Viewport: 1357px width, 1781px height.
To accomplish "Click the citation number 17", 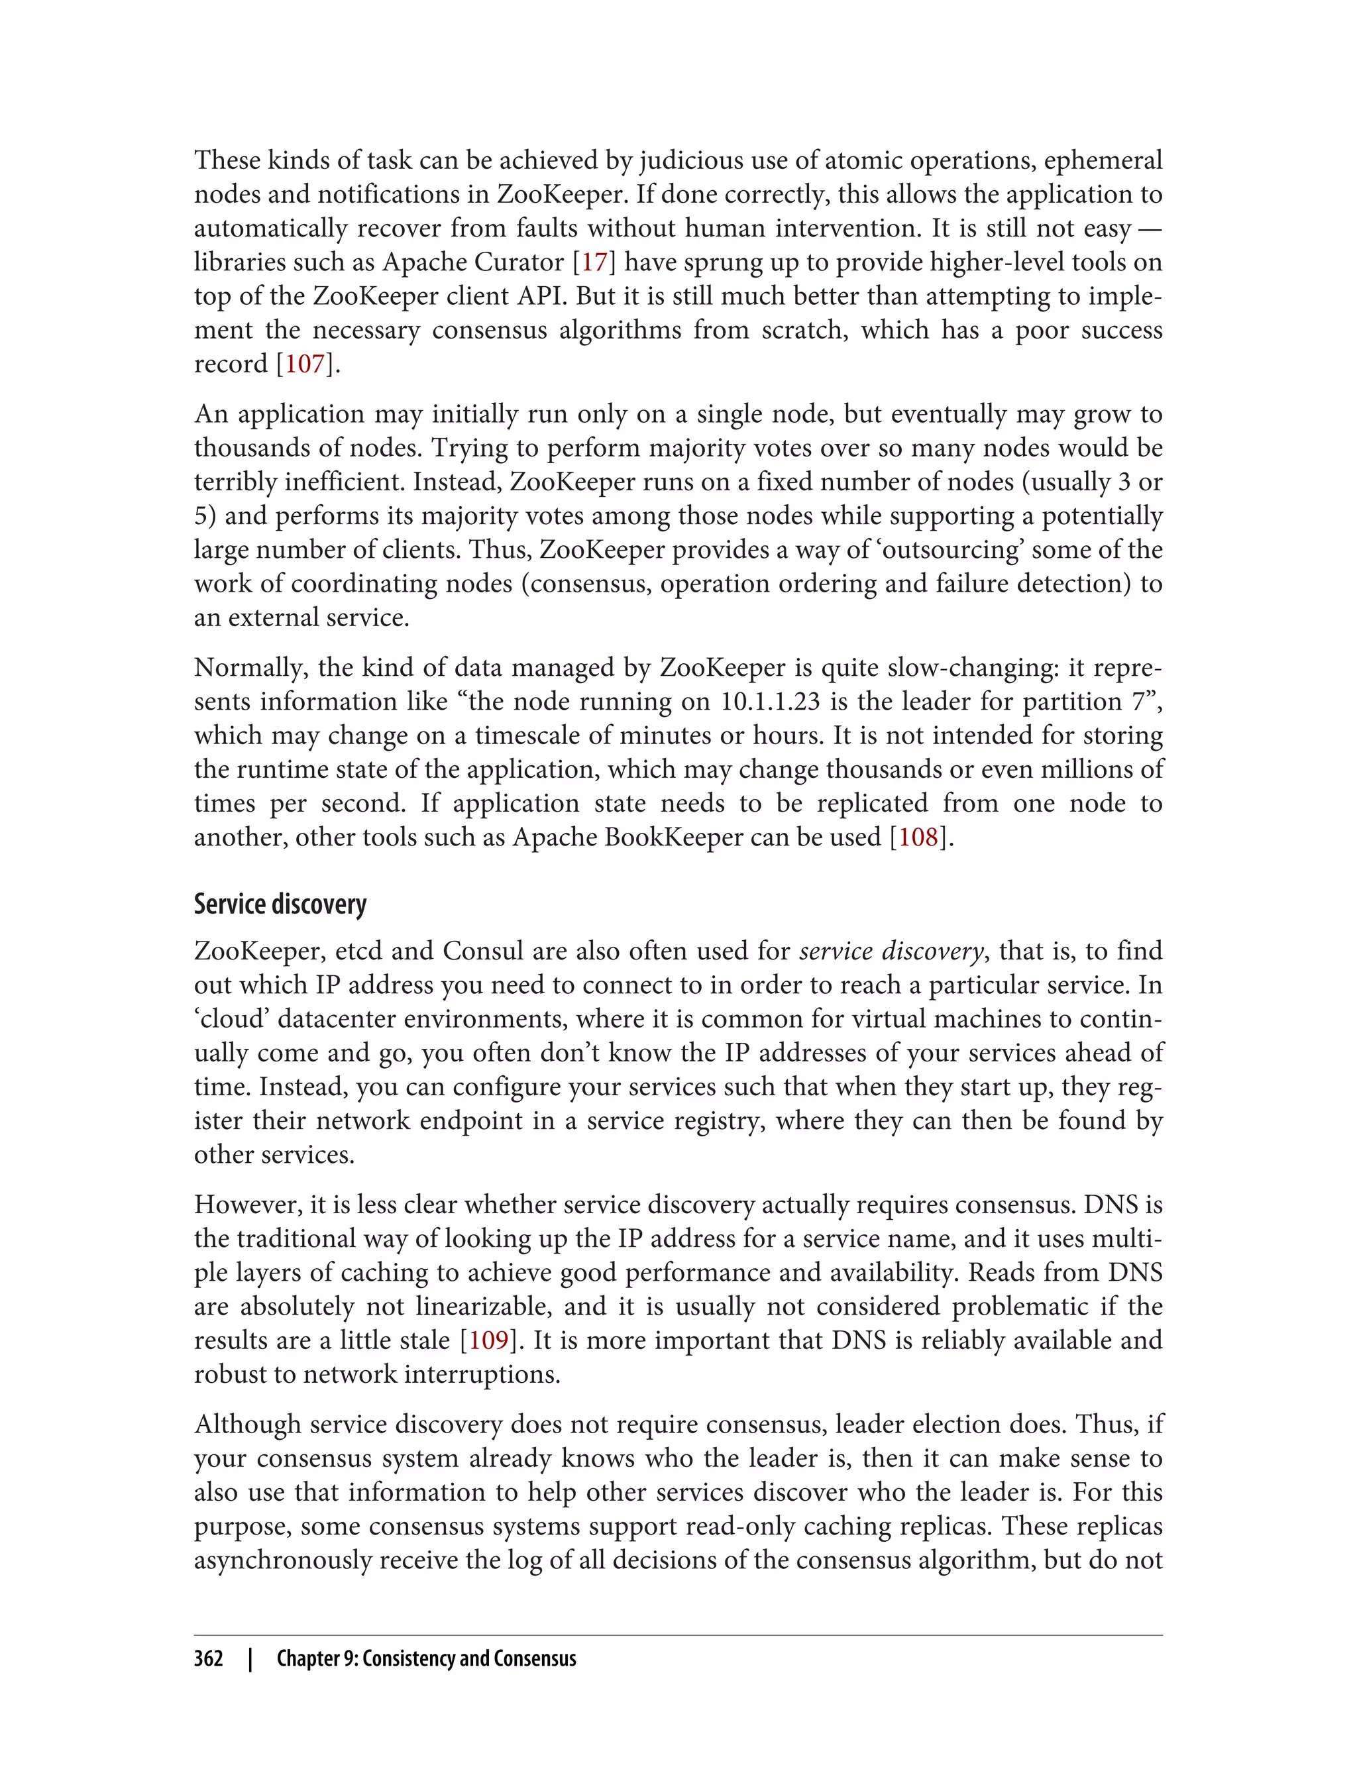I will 594,262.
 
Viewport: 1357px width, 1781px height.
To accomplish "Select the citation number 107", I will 305,364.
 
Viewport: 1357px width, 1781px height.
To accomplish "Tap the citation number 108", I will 918,837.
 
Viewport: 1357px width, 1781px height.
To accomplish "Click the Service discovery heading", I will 280,904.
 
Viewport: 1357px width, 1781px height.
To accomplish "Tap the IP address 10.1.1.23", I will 768,701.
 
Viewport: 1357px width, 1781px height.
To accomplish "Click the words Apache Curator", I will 472,262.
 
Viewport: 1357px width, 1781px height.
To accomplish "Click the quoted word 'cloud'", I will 230,1018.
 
